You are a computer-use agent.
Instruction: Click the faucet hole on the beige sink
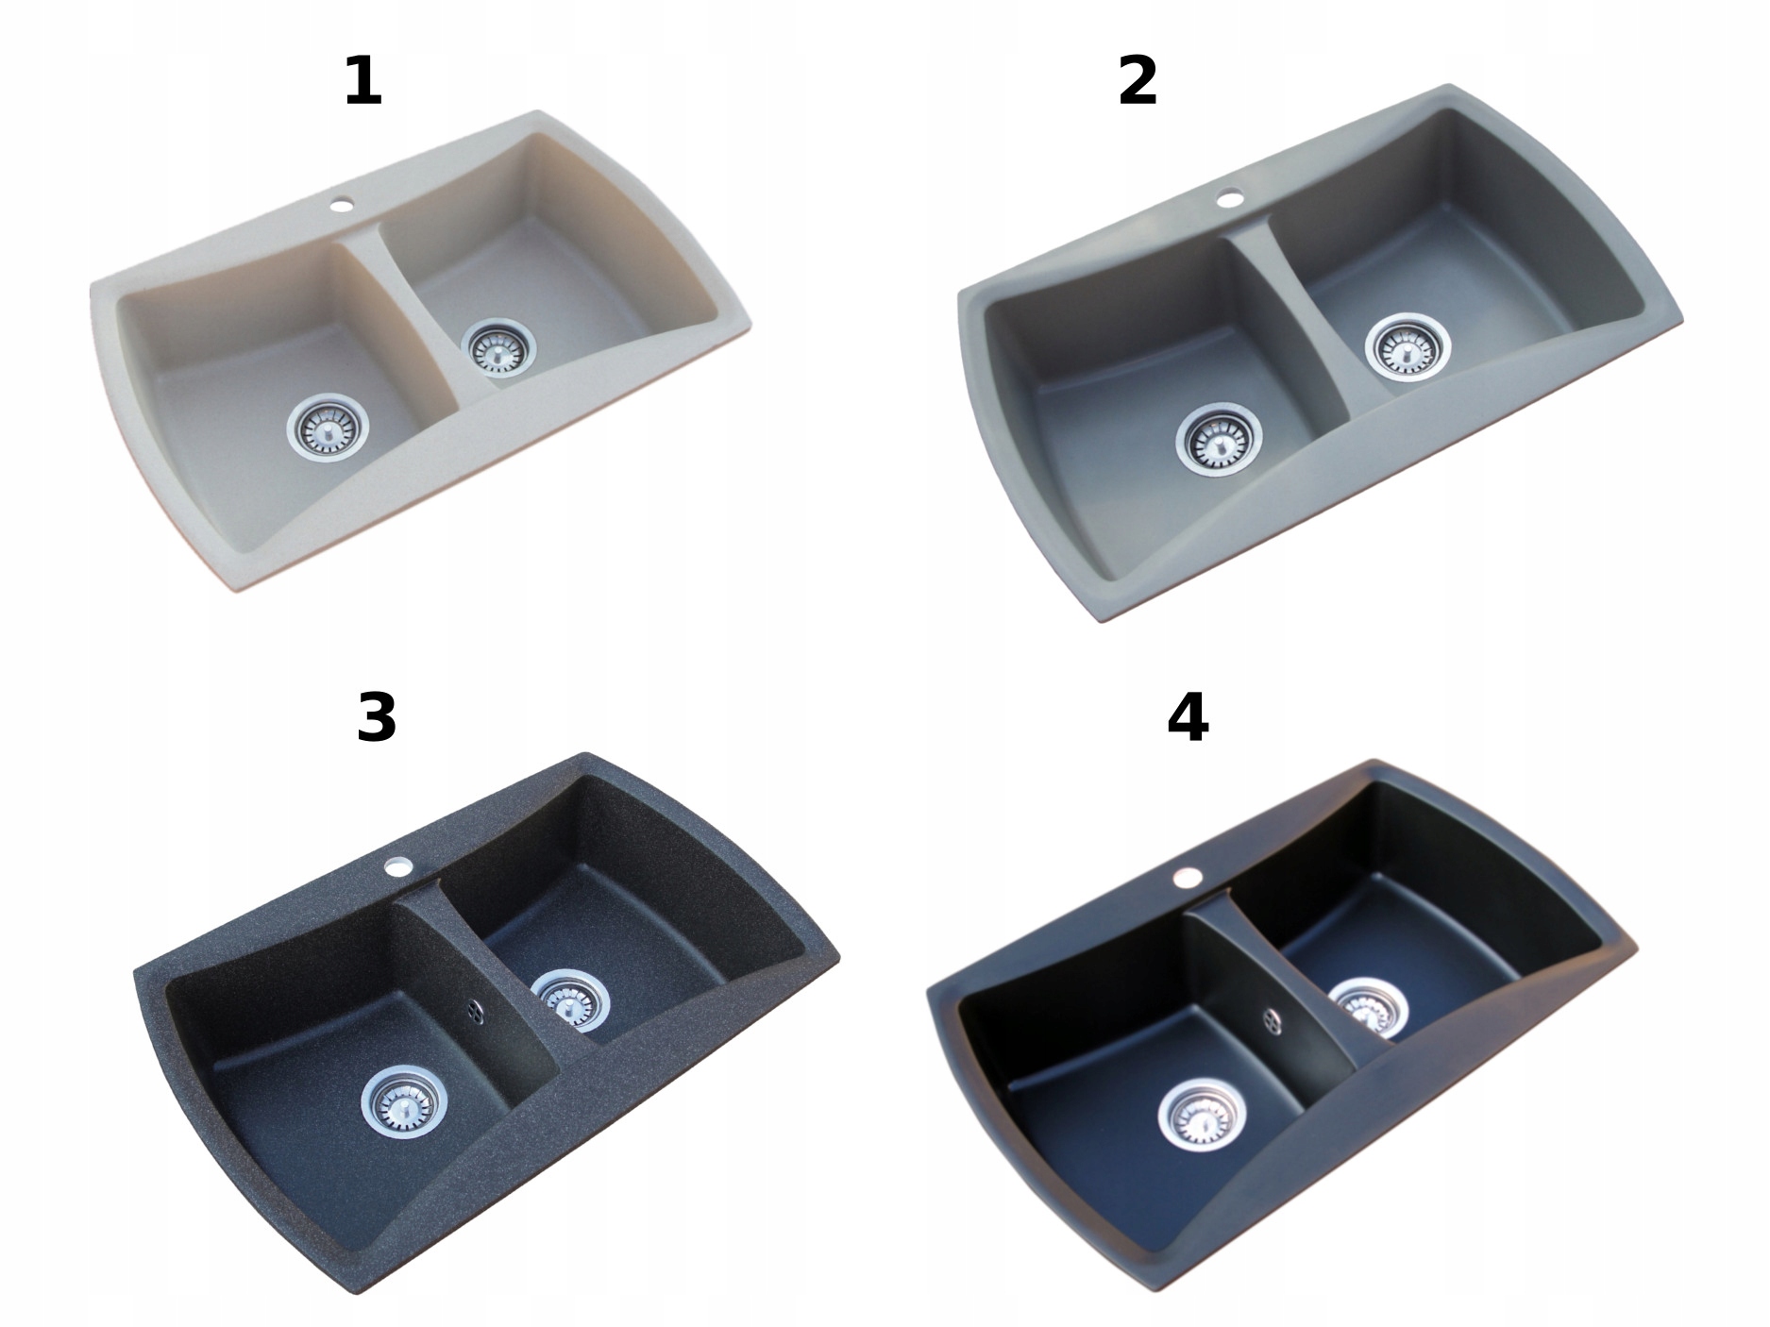tap(342, 202)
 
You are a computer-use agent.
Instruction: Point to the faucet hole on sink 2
tap(1229, 198)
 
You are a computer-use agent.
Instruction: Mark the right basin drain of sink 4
tap(1371, 1007)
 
